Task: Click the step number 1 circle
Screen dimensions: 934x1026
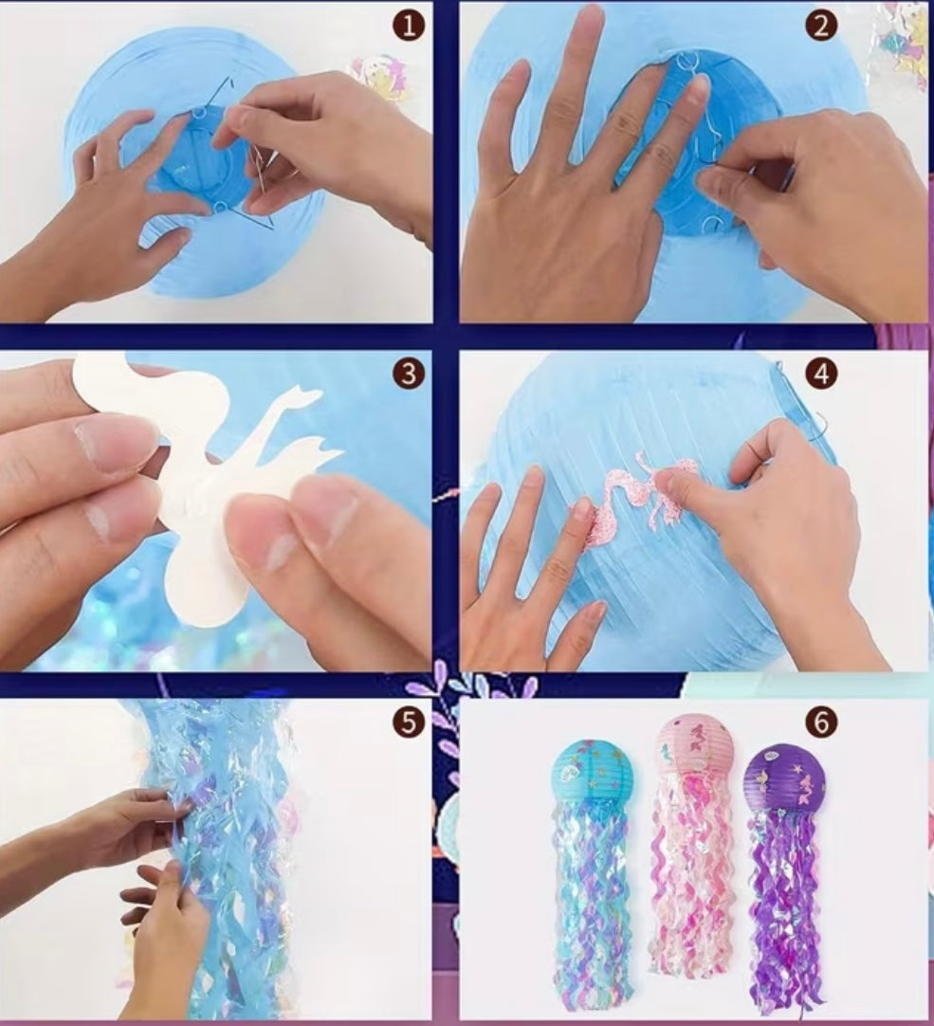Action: click(409, 27)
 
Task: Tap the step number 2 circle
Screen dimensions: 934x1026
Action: click(821, 27)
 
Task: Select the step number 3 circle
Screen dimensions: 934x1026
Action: click(409, 374)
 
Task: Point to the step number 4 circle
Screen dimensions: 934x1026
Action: click(821, 374)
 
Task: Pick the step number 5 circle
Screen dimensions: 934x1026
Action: click(409, 723)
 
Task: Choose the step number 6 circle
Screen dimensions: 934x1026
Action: click(821, 723)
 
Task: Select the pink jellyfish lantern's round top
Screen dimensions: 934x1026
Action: click(694, 747)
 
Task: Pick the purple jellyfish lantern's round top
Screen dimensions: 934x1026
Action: click(784, 779)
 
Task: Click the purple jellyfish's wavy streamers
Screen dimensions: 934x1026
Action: click(784, 909)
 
